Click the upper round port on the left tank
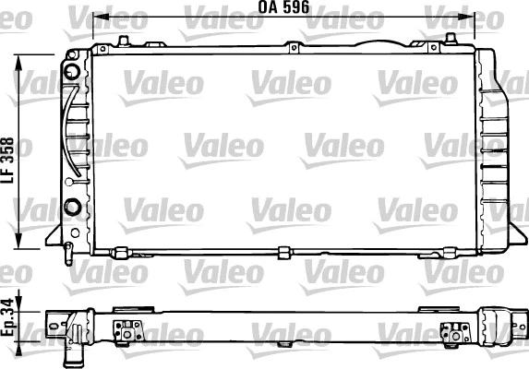click(73, 72)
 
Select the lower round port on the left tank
click(71, 203)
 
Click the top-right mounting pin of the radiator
click(450, 39)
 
